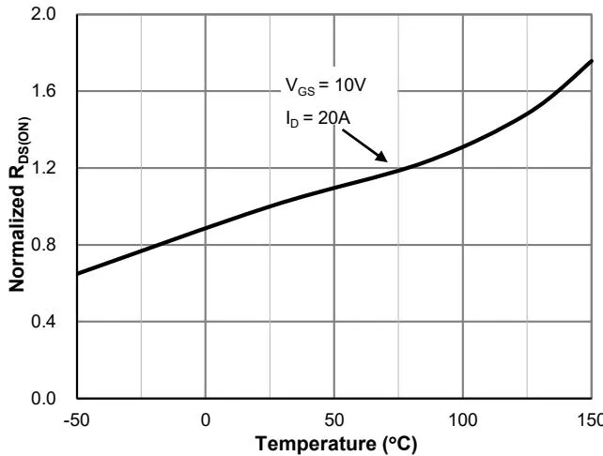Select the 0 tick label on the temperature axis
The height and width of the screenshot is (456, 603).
206,418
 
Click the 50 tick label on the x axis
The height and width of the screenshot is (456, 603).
334,418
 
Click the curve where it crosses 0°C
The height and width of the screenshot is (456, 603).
206,227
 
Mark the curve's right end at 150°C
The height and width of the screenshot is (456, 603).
593,61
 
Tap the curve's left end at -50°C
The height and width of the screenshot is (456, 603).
78,273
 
